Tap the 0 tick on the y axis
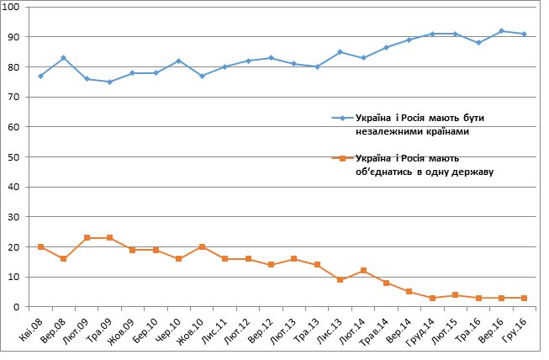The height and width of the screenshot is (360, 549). [20, 307]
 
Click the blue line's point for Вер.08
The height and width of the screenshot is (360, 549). [64, 58]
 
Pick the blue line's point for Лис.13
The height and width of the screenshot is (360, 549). [340, 52]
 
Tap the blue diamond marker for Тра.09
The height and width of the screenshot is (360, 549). [110, 82]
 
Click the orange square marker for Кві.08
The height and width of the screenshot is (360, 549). [41, 247]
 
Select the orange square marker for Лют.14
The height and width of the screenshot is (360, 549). [363, 271]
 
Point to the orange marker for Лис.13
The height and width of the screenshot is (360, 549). [340, 280]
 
